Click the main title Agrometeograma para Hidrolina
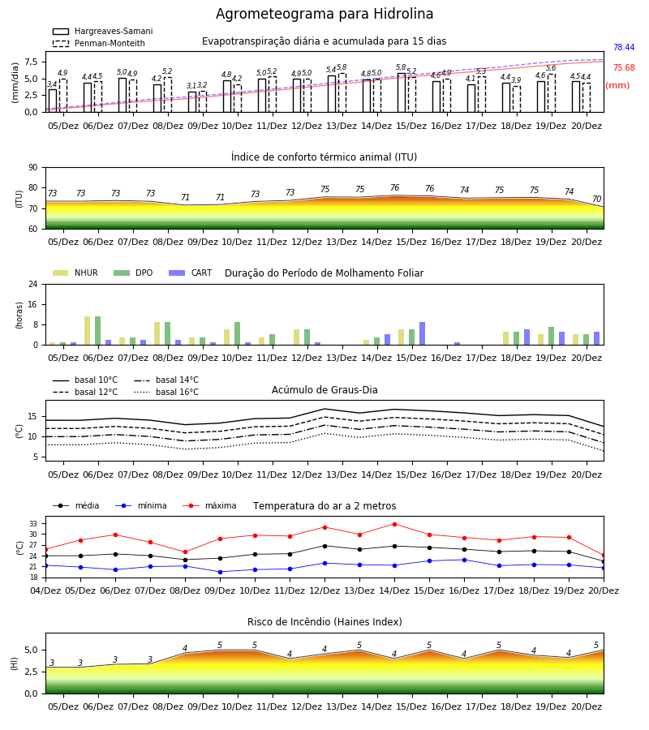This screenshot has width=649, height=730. tap(324, 14)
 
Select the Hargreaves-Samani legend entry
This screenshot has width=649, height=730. tap(103, 31)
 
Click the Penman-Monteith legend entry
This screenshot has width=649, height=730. tap(99, 43)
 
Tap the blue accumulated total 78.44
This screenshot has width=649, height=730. tap(624, 48)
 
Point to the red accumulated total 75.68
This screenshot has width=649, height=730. tap(624, 68)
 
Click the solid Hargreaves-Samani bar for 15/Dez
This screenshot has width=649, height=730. tap(402, 92)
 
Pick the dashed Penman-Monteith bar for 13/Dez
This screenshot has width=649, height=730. tap(342, 92)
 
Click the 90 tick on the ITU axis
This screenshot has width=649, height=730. tap(33, 168)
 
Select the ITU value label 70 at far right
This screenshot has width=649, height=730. tap(597, 200)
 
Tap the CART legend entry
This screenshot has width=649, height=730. tap(191, 273)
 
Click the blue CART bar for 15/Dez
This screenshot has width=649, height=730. tap(423, 333)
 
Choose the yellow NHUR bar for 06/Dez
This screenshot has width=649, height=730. tap(87, 331)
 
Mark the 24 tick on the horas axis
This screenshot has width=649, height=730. tap(33, 284)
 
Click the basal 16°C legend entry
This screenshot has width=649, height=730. tap(166, 392)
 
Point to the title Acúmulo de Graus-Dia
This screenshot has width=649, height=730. tap(324, 390)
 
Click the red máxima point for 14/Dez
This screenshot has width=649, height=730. tap(395, 524)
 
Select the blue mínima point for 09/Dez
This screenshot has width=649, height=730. tap(220, 572)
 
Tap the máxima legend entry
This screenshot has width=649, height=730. tap(209, 505)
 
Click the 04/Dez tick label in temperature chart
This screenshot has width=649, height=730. tap(45, 590)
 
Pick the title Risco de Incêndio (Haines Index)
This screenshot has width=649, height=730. tap(324, 622)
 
